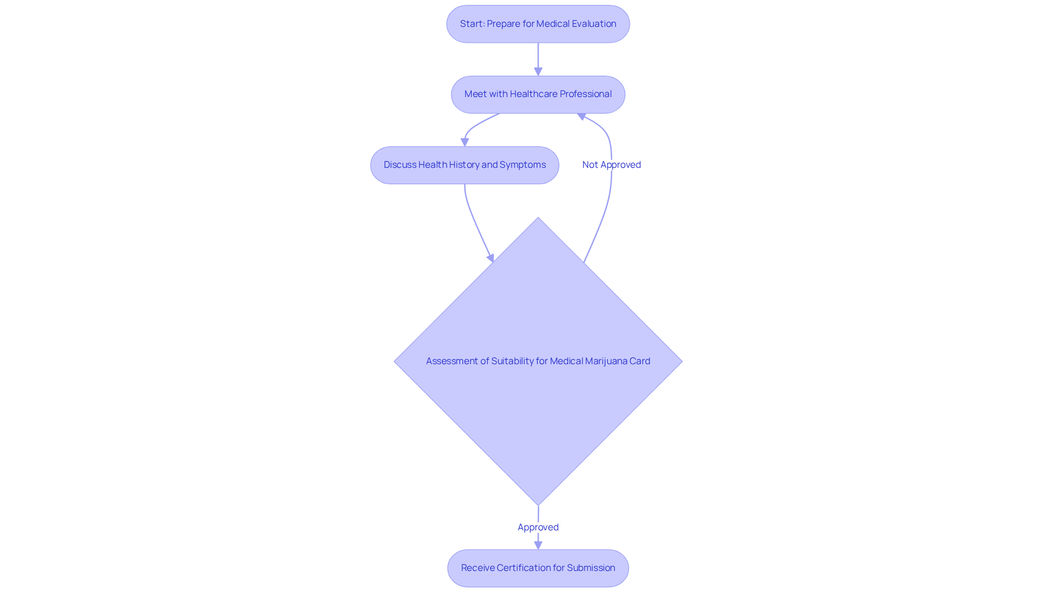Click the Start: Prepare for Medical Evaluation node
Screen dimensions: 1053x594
pos(538,24)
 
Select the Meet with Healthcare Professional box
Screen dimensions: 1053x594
pos(538,94)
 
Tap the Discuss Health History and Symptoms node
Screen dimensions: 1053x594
pos(465,165)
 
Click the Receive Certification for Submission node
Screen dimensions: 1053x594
pos(538,568)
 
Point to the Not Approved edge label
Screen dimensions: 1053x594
pos(612,165)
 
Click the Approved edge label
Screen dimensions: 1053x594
pos(538,527)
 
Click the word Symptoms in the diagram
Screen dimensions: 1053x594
pos(523,165)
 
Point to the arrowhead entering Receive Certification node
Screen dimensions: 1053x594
pos(538,545)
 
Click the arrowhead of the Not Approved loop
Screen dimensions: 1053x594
pos(582,116)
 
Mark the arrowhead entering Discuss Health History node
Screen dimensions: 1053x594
pos(465,142)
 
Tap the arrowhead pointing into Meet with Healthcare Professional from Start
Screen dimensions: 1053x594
pos(538,72)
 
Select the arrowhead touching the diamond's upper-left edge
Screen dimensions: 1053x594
pos(491,258)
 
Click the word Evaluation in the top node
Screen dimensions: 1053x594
pos(594,24)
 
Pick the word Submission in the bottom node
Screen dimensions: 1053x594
pos(591,568)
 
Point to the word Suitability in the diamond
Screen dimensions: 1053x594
pos(512,361)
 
